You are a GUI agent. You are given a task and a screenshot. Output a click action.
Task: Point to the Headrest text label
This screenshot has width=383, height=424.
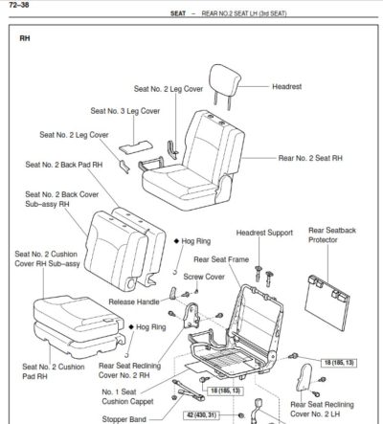tap(287, 86)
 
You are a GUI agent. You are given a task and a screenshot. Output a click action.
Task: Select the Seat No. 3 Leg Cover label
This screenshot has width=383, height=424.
tap(125, 111)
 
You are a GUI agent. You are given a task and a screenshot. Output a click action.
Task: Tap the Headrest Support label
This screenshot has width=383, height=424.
tap(264, 234)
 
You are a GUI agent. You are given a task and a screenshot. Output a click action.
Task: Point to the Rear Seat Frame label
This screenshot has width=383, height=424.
tap(222, 258)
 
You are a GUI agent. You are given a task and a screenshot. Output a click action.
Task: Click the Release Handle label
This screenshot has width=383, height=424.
tap(134, 301)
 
